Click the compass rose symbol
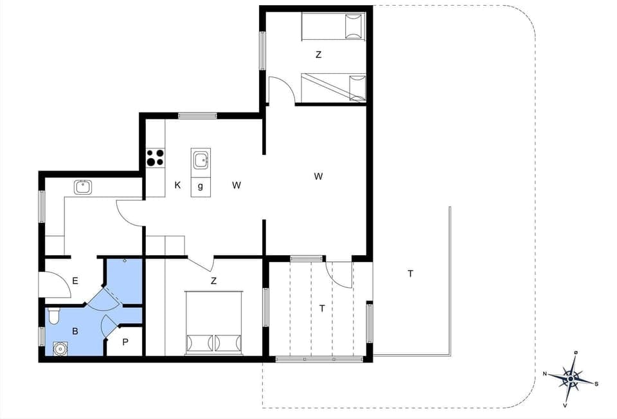570,379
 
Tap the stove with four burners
155,157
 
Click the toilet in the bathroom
54,316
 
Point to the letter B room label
75,332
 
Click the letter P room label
125,343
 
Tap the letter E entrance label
75,281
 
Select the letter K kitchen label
177,186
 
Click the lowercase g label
201,186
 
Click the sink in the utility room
82,187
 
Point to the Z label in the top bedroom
318,55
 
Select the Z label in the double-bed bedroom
213,281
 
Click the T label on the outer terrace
410,274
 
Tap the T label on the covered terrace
322,309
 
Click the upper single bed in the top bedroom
333,27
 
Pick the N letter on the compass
544,373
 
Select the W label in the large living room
318,177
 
